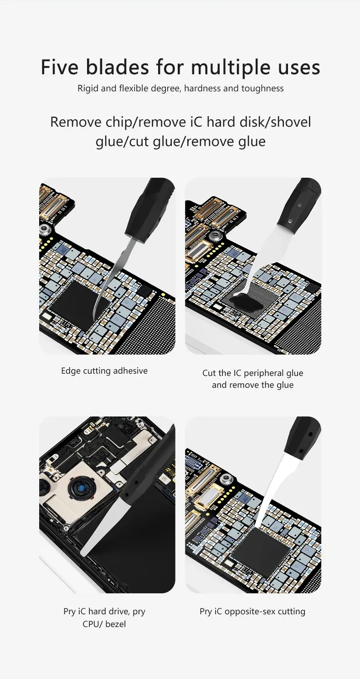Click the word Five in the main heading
point(59,67)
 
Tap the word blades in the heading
point(118,67)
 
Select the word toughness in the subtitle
point(262,88)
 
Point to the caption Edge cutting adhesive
point(104,371)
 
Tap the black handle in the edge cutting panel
point(150,210)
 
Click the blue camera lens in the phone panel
point(81,489)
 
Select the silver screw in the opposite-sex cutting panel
point(226,478)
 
